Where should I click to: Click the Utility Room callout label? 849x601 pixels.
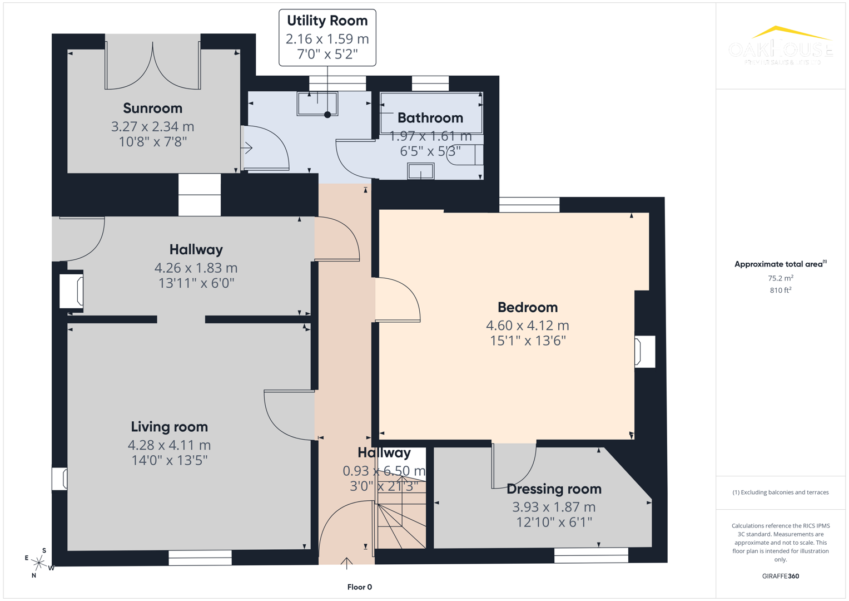(327, 21)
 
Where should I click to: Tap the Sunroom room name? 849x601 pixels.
(152, 108)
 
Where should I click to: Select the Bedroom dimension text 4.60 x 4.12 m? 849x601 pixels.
(527, 326)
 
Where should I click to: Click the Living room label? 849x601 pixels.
(169, 427)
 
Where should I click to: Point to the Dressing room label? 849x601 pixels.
(554, 489)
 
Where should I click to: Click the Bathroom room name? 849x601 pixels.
(430, 118)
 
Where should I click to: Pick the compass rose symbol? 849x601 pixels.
(38, 563)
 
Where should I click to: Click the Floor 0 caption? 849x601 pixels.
(359, 587)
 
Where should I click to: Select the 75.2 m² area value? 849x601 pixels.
(780, 278)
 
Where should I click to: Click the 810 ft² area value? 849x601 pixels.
(780, 290)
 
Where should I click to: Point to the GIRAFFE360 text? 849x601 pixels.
(780, 576)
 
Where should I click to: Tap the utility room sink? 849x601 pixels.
(317, 104)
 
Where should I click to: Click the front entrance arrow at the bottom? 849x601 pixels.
(346, 563)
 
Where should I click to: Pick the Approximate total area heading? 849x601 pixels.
(780, 264)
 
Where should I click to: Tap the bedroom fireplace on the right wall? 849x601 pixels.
(644, 352)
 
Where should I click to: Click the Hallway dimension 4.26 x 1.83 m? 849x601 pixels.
(196, 268)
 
